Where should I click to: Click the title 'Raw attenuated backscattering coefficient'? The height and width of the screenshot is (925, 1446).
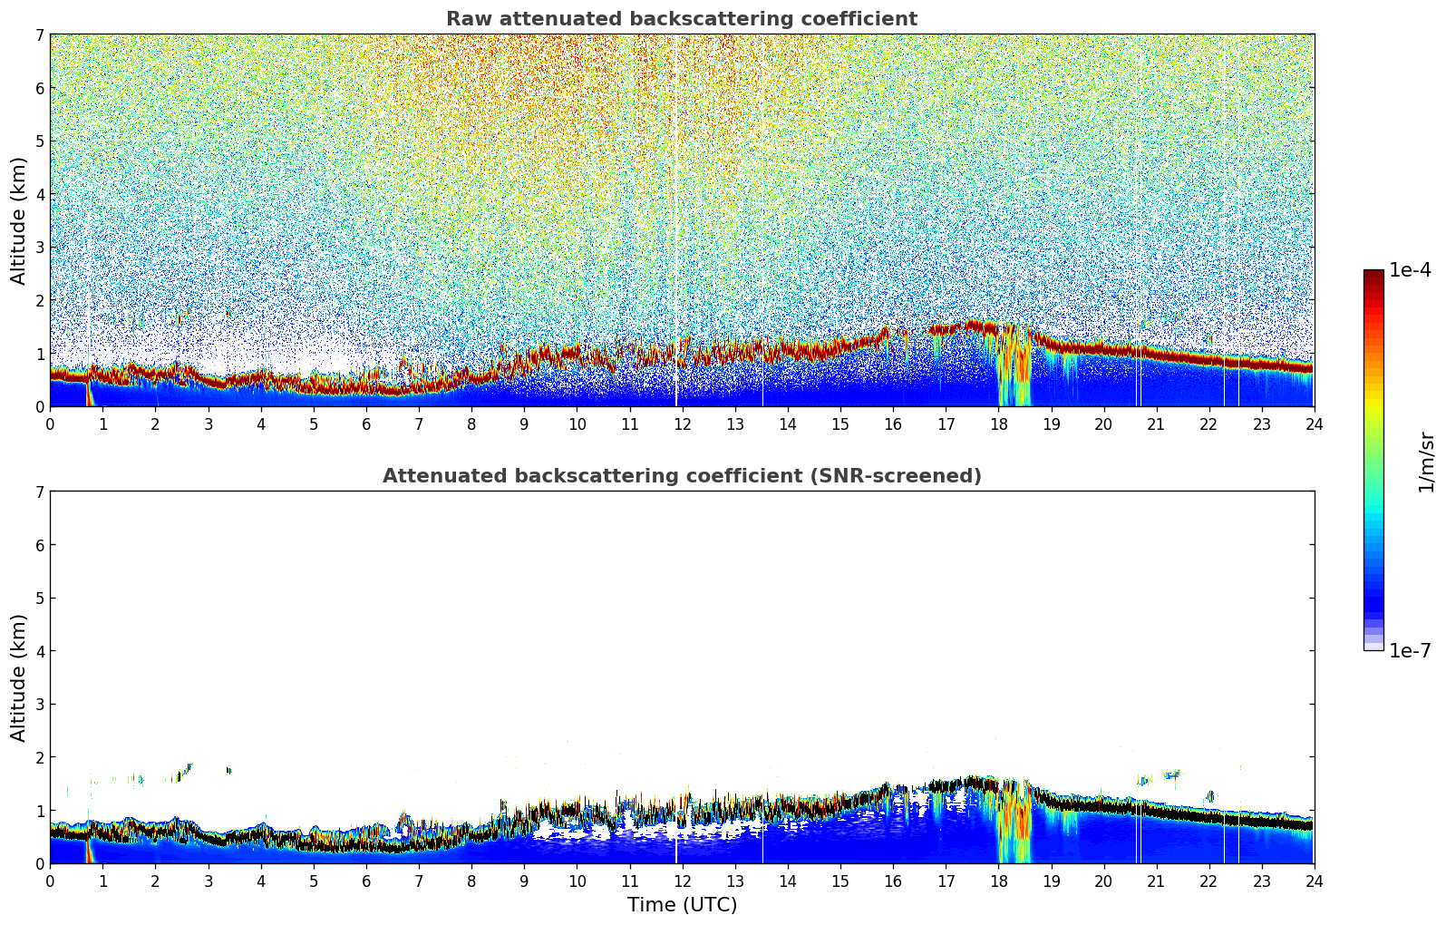pos(681,19)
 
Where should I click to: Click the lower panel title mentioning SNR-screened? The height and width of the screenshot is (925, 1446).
pos(681,476)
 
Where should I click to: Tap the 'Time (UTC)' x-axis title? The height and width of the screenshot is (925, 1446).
pos(682,905)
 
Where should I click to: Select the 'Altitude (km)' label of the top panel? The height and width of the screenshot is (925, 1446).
pos(18,220)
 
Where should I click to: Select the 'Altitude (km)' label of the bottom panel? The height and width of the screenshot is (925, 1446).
pos(18,677)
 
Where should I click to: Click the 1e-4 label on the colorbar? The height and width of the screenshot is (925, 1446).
pos(1410,270)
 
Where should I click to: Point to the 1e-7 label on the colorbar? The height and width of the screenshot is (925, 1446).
pos(1410,651)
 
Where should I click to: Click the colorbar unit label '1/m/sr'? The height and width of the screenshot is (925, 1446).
pos(1427,462)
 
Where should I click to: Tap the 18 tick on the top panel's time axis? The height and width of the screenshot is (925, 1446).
pos(998,424)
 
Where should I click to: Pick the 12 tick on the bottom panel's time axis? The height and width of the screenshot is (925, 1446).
pos(682,881)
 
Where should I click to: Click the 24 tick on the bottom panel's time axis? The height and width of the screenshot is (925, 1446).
pos(1314,881)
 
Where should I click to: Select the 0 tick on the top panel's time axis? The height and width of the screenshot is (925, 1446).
pos(50,424)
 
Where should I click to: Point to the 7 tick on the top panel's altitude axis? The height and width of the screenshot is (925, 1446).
pos(39,34)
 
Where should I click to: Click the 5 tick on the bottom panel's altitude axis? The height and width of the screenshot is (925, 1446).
pos(39,598)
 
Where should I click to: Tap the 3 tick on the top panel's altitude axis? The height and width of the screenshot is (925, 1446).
pos(39,247)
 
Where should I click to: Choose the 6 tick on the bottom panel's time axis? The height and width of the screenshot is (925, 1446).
pos(366,881)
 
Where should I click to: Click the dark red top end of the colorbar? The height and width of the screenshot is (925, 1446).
pos(1373,274)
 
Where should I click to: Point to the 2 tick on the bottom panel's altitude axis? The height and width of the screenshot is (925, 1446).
pos(39,757)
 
